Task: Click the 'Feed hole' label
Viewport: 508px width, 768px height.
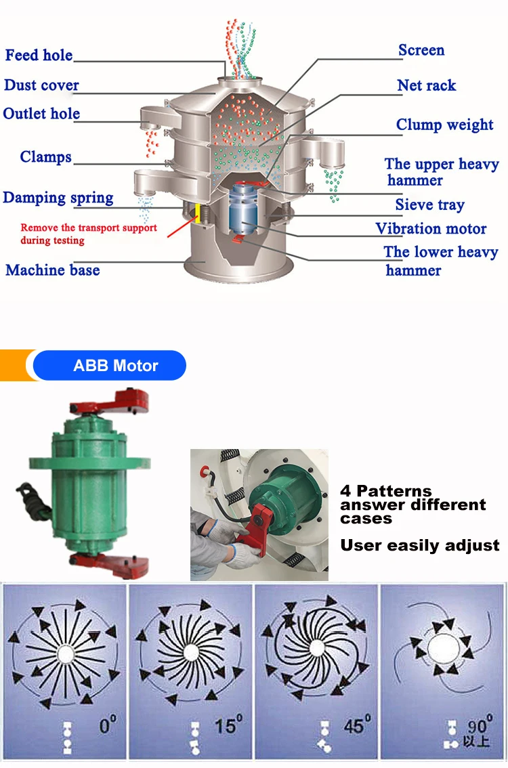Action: click(x=39, y=55)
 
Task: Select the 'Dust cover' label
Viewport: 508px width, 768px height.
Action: click(x=41, y=85)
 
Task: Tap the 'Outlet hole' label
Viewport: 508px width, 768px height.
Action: click(x=41, y=114)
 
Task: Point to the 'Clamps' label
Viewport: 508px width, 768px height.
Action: click(x=45, y=157)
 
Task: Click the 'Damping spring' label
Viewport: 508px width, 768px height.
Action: click(x=58, y=198)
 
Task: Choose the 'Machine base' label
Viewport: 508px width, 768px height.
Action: click(x=53, y=270)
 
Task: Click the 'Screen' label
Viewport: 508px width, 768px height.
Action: click(x=421, y=50)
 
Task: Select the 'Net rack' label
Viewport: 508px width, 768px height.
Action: click(x=427, y=85)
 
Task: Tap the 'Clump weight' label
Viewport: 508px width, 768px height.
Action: click(x=445, y=125)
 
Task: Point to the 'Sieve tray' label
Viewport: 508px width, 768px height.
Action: click(x=430, y=205)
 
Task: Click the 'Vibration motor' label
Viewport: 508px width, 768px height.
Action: click(x=431, y=229)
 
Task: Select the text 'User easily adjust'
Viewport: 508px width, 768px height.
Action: click(x=420, y=545)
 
